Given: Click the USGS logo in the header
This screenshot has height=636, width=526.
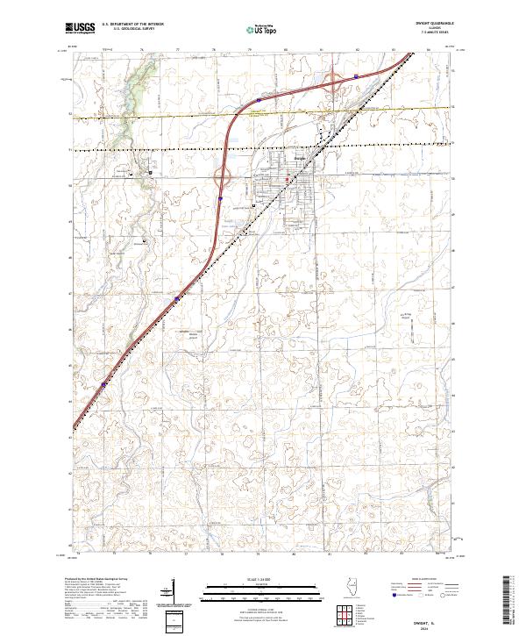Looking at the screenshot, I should click(x=81, y=28).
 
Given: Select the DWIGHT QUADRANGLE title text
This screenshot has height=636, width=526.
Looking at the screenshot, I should click(x=437, y=24).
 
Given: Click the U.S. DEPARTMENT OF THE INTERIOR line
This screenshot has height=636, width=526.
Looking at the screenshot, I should click(x=132, y=25).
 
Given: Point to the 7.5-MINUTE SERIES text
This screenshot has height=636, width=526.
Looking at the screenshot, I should click(x=437, y=33).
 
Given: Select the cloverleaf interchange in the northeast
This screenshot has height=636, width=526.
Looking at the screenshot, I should click(x=334, y=82).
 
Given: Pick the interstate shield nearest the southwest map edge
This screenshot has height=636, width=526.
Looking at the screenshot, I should click(x=104, y=384).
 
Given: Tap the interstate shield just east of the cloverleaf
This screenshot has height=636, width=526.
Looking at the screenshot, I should click(x=356, y=76).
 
